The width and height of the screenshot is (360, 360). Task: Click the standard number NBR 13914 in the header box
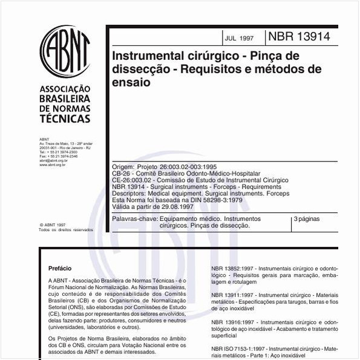(x=299, y=36)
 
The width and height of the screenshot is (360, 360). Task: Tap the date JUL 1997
(x=240, y=38)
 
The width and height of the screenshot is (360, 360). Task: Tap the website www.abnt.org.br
(x=52, y=165)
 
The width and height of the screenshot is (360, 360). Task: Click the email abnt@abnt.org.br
(x=53, y=160)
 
